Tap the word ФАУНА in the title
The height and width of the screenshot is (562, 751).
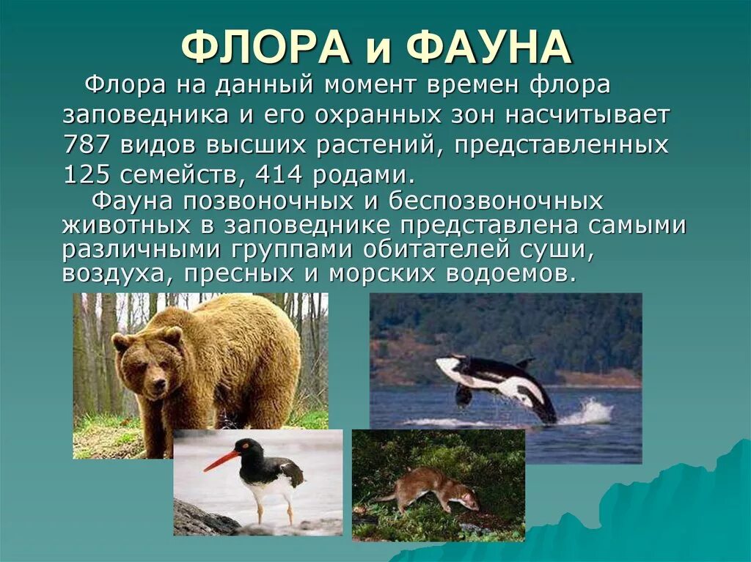pos(488,48)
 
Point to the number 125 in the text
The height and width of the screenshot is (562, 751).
pos(85,175)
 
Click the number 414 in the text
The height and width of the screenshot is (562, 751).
pos(280,175)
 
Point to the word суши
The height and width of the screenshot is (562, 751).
pos(561,249)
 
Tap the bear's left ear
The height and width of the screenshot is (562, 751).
pos(173,336)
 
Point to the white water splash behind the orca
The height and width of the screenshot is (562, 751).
pos(590,412)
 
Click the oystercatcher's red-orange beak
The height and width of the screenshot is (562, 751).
pos(221,462)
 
